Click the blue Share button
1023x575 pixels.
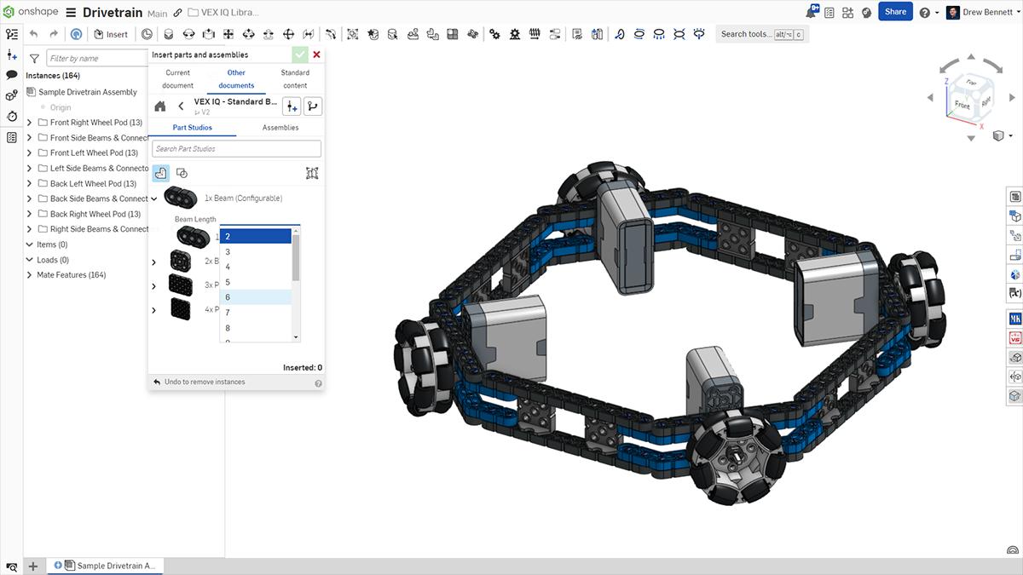point(895,12)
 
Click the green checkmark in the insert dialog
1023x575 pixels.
point(299,55)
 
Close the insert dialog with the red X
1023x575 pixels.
point(317,55)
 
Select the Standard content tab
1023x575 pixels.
point(295,78)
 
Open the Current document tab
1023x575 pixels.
point(178,78)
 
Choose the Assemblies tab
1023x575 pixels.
point(280,128)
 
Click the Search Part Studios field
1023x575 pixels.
point(237,149)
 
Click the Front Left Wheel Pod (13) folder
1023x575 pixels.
point(94,153)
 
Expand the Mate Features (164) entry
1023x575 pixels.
point(29,275)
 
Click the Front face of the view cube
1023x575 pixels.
point(962,105)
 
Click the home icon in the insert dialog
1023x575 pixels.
point(160,106)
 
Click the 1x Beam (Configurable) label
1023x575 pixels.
point(243,198)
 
